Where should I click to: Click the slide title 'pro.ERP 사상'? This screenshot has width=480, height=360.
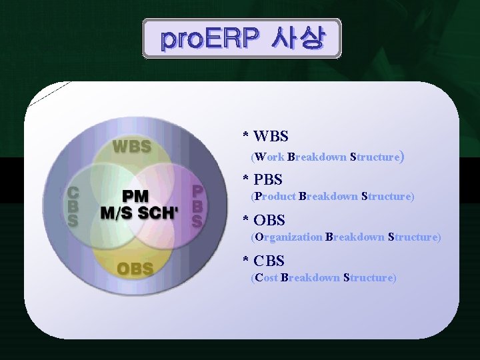point(241,39)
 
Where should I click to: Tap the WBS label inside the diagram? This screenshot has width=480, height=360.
point(131,146)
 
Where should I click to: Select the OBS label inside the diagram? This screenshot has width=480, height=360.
point(135,269)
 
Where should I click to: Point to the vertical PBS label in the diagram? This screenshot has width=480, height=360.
point(197,207)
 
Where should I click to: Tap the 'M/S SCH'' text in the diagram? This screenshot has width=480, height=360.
point(139,213)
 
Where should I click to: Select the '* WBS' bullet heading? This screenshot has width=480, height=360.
point(265,137)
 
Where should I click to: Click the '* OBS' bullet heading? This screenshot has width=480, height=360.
point(264,220)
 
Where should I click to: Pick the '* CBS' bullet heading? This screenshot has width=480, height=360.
point(263,261)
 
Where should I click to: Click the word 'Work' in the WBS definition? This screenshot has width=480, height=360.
point(269,157)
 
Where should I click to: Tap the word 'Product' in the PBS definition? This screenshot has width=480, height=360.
point(275,197)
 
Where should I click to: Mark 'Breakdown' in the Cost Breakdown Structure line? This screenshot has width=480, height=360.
point(311,277)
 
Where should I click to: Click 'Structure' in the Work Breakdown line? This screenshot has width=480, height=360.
point(375,157)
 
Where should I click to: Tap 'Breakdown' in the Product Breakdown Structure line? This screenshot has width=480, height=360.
point(329,197)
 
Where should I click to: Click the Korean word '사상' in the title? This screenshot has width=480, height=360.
point(298,39)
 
